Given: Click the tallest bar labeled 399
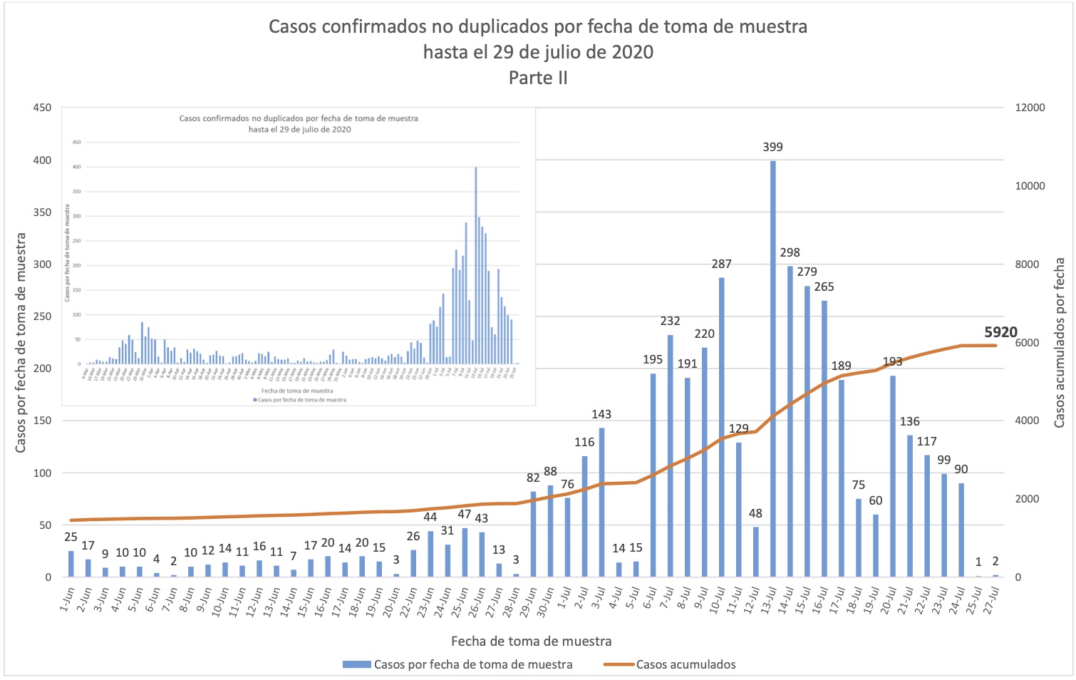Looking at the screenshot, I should pos(773,369).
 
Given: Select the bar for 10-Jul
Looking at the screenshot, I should pos(722,428).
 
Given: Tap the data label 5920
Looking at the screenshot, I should pos(1000,332).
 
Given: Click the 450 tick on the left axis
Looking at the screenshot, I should pos(42,108).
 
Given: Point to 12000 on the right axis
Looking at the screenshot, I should pos(1030,108).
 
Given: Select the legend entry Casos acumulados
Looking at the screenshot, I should pos(686,664).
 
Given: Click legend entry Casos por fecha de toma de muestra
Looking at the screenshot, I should pos(472,664).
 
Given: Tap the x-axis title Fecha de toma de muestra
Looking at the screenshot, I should pos(531,641).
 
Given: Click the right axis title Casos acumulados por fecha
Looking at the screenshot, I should pos(1060,343).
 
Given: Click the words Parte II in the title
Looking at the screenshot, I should pos(538,78).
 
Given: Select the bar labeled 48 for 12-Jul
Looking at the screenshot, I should pos(756,552).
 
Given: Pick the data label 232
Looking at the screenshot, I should pos(670,321).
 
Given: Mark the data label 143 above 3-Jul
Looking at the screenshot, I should pos(601,414).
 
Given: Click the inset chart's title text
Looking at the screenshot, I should pos(299,123).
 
